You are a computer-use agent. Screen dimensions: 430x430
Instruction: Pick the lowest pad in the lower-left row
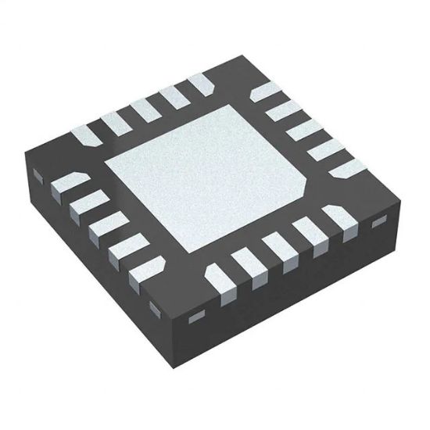point(140,274)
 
